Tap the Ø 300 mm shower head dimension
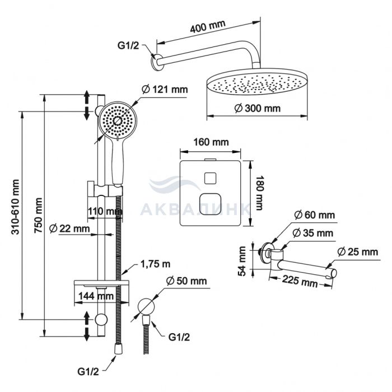[258, 108]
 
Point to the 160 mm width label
[211, 142]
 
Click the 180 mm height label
[259, 192]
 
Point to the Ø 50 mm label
[186, 281]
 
